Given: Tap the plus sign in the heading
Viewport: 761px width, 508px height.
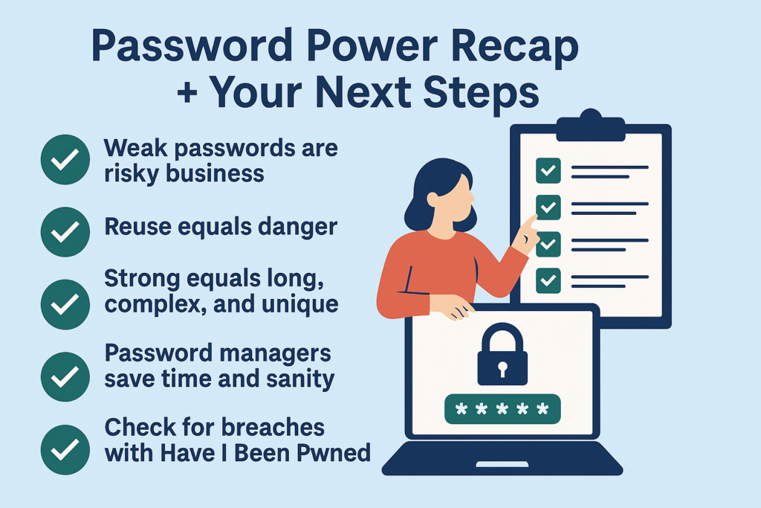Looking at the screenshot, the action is [x=187, y=93].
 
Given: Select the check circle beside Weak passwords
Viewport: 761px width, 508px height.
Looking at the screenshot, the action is [x=65, y=159].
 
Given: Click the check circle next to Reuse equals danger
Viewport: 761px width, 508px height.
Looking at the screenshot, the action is [x=65, y=231].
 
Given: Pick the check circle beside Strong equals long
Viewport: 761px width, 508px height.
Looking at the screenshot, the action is [x=65, y=304].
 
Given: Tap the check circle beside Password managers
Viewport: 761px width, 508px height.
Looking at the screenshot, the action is [x=65, y=376].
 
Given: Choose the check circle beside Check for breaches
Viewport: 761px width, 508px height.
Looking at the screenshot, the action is [x=65, y=449].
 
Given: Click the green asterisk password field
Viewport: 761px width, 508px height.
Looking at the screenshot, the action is [x=502, y=409].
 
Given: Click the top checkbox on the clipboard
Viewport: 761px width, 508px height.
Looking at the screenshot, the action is [x=548, y=170].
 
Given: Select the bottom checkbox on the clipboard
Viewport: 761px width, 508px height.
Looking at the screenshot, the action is [x=548, y=280].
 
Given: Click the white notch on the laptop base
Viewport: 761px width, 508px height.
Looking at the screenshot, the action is [x=502, y=465].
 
